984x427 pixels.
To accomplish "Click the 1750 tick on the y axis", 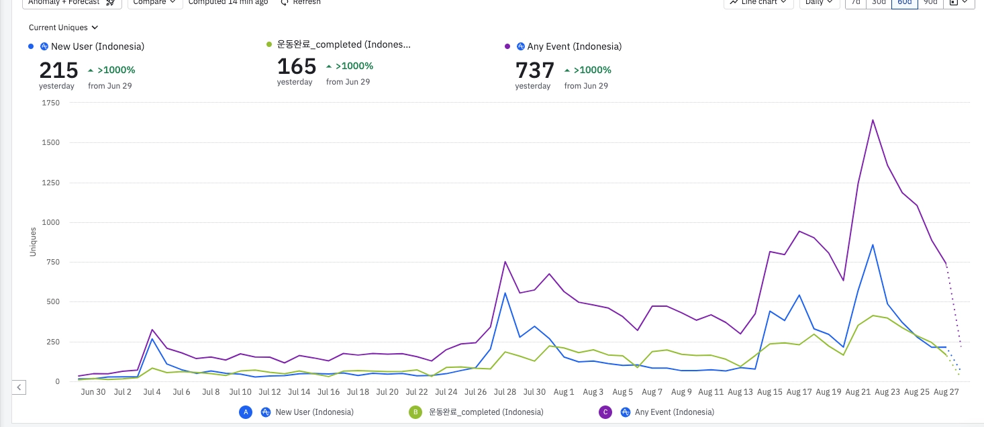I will click(50, 103).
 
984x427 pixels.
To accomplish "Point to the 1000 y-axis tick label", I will click(50, 222).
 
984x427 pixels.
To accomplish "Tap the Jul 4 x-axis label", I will click(152, 392).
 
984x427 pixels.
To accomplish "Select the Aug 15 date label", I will click(770, 392).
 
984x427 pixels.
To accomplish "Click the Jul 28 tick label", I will click(505, 392).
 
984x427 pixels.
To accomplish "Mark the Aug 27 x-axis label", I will click(946, 392).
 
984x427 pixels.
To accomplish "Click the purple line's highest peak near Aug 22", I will click(873, 120).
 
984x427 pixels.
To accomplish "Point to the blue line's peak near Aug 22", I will click(873, 244).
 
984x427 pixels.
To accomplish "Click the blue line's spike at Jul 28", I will click(505, 293).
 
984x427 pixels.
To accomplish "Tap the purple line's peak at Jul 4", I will click(152, 330).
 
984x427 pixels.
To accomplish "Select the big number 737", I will click(535, 70).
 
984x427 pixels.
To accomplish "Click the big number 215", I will click(58, 70).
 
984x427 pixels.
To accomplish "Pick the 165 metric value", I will click(297, 66).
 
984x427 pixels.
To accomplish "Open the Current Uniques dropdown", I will click(63, 28).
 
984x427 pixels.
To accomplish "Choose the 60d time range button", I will click(903, 2).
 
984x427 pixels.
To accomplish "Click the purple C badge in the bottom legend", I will click(605, 412).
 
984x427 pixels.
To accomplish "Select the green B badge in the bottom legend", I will click(415, 412).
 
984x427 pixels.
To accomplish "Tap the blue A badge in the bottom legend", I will click(246, 412).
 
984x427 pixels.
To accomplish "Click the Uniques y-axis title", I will click(34, 241).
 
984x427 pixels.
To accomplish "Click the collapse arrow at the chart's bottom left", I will click(19, 387).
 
